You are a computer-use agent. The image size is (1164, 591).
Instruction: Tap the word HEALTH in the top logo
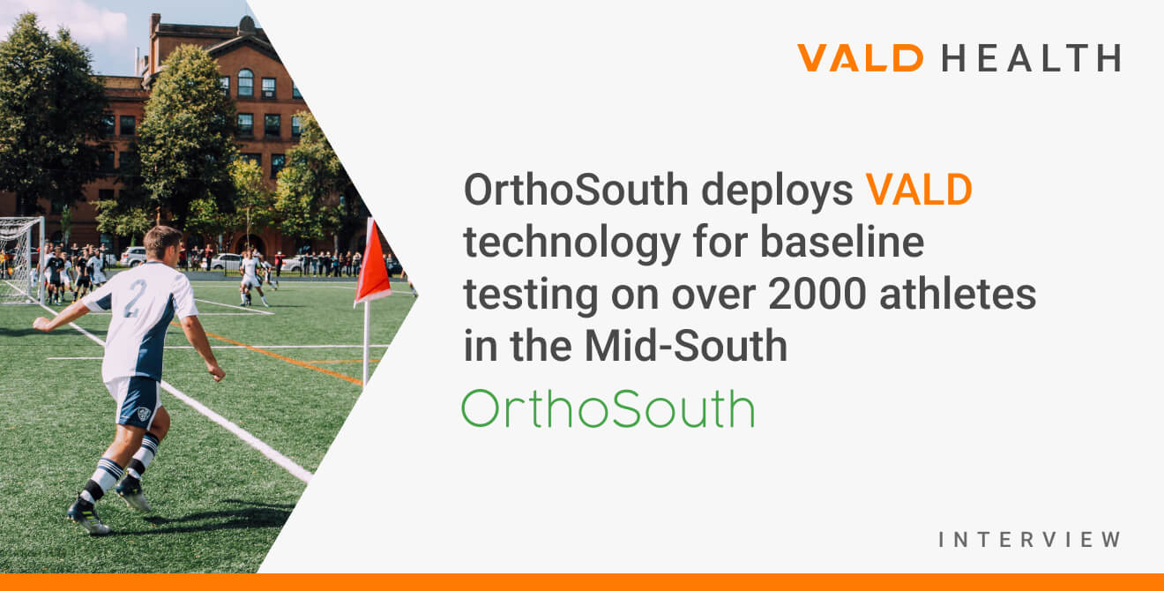(x=1031, y=58)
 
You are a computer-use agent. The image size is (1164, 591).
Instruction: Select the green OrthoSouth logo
(x=608, y=409)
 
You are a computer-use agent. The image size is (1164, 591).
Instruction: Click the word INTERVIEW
(x=1029, y=539)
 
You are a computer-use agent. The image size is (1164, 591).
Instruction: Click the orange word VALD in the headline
(x=919, y=191)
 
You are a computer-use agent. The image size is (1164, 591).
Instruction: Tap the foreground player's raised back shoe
(x=133, y=494)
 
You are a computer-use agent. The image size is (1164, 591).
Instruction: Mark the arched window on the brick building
(x=245, y=83)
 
